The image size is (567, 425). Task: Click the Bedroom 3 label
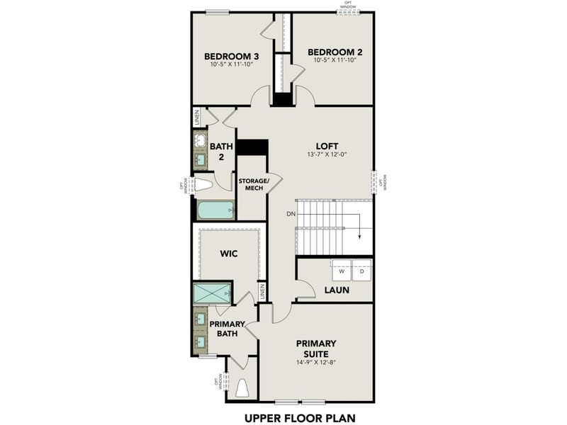click(231, 56)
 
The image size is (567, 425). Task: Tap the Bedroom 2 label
click(335, 52)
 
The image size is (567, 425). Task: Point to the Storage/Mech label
click(253, 185)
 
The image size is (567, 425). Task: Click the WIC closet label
click(228, 252)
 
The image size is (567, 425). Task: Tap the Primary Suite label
click(315, 347)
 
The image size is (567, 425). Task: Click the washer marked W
click(342, 271)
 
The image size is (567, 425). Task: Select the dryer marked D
click(361, 271)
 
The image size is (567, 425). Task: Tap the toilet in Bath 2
click(203, 186)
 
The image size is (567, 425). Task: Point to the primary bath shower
click(212, 292)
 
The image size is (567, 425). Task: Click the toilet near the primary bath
click(242, 388)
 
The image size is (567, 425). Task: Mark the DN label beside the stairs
click(291, 213)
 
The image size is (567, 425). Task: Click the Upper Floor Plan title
click(299, 417)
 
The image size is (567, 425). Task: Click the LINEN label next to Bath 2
click(196, 117)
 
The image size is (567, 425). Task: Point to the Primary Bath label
click(227, 329)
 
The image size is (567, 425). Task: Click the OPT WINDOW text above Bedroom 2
click(347, 4)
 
